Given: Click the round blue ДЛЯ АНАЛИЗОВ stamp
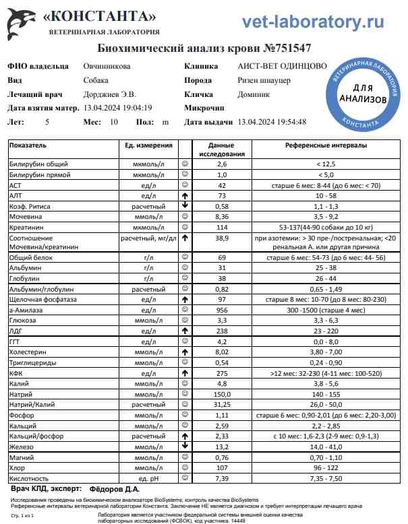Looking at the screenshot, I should pos(362,94).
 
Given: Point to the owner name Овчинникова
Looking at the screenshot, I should pos(107,66).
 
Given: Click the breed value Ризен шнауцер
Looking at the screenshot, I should pos(264,80).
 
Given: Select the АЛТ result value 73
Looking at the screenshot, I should pos(221,195).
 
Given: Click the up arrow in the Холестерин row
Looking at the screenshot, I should pos(184,352).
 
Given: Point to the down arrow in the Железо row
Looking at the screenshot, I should pos(184,445).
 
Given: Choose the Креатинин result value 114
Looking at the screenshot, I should pos(221,227).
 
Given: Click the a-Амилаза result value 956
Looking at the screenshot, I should pos(221,309).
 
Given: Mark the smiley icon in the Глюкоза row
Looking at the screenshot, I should pos(184,320).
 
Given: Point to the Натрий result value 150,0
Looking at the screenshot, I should pos(221,393).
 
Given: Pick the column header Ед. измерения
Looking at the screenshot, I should pos(148,145).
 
